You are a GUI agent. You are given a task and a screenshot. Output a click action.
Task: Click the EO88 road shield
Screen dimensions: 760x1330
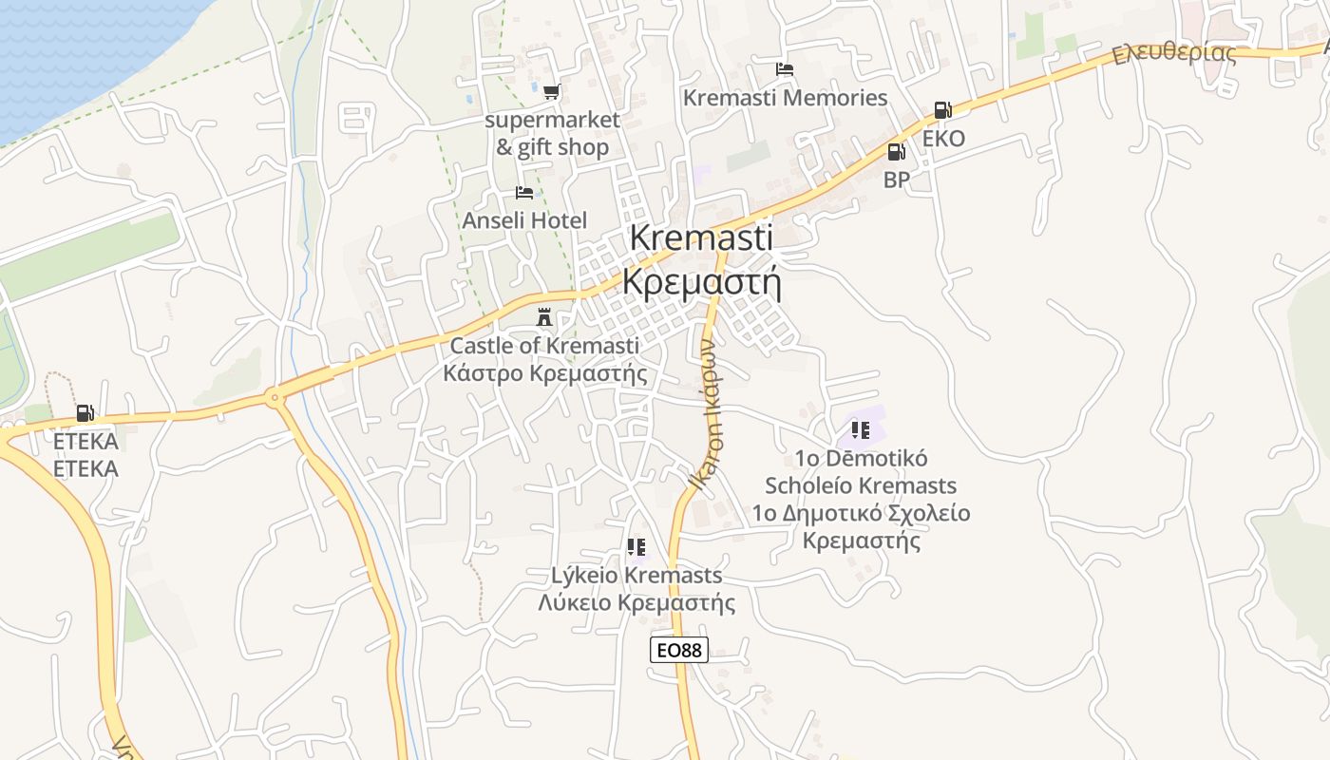coord(679,650)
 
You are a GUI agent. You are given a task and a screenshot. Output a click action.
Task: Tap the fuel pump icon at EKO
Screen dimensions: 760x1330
coord(942,110)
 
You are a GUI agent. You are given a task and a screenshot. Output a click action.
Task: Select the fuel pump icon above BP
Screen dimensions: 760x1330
coord(896,151)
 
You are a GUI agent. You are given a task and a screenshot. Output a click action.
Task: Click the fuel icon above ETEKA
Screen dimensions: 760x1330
coord(85,412)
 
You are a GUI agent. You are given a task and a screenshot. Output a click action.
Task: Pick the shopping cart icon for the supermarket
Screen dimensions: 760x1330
coord(551,91)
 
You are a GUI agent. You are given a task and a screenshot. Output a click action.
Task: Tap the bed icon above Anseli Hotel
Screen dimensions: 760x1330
coord(524,192)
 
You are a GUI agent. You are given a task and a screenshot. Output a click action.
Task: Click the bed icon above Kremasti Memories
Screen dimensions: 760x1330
coord(785,68)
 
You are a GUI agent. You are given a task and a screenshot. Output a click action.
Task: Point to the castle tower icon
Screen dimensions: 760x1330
coord(544,316)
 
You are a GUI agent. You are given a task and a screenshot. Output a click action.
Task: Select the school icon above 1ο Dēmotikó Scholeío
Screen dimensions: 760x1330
coord(861,430)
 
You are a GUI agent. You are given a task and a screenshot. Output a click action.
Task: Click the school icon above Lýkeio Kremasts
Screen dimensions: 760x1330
coord(636,546)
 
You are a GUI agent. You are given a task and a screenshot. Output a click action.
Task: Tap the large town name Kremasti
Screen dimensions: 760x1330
coord(701,237)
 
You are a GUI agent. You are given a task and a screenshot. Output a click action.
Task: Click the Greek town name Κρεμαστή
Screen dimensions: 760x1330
coord(701,282)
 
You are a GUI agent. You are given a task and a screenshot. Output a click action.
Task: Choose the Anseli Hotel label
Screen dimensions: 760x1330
coord(524,220)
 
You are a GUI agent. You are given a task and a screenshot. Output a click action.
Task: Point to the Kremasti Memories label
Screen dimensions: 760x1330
coord(785,98)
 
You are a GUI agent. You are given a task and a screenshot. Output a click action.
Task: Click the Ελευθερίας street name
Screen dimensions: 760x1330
coord(1174,52)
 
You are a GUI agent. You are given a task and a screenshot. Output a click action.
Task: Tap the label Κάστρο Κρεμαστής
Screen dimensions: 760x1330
coord(545,372)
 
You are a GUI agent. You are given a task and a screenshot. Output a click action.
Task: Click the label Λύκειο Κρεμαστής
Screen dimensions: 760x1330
coord(636,602)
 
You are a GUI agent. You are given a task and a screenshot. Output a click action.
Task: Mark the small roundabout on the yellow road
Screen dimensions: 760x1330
coord(275,398)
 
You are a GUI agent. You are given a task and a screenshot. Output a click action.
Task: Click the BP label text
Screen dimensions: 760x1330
coord(896,180)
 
